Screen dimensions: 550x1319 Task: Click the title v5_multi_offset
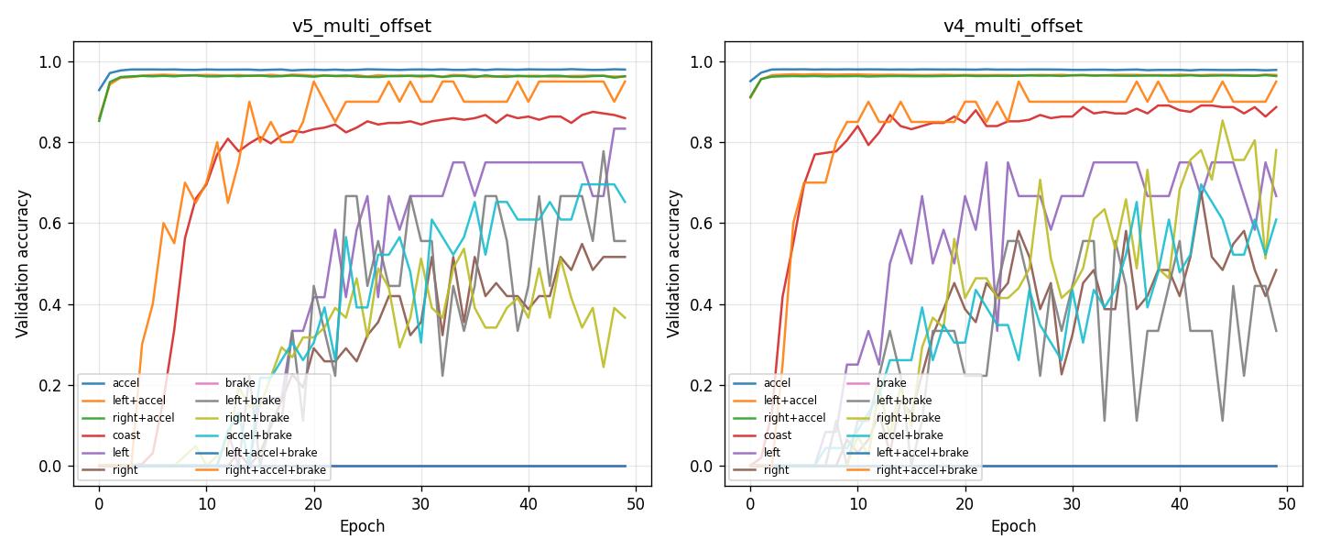(361, 26)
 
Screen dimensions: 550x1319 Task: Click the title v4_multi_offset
(1012, 26)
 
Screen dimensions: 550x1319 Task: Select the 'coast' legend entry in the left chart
(126, 435)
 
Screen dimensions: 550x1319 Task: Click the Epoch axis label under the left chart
(361, 526)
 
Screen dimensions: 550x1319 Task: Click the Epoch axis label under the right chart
(1012, 526)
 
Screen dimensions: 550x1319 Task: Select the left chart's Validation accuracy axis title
(22, 264)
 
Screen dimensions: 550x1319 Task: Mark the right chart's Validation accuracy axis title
(673, 264)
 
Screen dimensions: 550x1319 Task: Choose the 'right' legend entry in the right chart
(776, 470)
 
